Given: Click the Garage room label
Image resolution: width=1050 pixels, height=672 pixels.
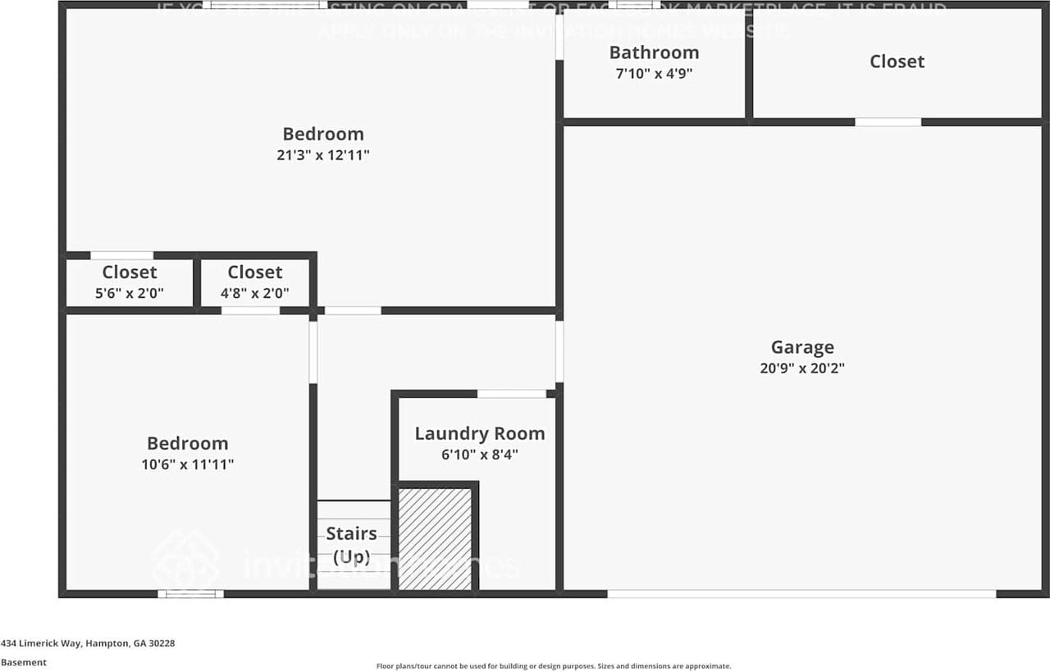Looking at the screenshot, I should [801, 347].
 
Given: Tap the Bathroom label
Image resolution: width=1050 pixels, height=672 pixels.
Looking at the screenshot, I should [654, 53].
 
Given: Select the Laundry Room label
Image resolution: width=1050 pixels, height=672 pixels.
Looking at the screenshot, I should [479, 433].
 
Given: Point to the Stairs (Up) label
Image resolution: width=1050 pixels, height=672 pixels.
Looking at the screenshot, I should [352, 544].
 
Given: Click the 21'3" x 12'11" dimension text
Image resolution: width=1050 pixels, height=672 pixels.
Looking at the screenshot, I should [323, 154].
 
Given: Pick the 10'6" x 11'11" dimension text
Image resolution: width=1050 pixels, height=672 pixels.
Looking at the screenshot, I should [188, 464].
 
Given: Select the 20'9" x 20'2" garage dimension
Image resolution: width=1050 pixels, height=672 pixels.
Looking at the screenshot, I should [801, 368].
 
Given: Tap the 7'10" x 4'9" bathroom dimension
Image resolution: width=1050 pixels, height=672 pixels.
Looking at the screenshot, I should [654, 73].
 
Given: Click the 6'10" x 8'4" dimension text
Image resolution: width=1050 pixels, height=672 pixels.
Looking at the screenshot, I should [479, 454].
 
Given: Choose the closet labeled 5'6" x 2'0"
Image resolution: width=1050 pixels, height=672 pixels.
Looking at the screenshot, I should [130, 282].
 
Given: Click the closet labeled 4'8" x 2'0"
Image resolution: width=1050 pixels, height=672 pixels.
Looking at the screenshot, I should [255, 282].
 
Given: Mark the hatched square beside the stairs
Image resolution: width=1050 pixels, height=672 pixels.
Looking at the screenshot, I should [435, 538].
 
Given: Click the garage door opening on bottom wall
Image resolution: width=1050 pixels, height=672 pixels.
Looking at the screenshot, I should [801, 593].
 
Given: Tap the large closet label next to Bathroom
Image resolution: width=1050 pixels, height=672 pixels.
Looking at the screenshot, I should [897, 62].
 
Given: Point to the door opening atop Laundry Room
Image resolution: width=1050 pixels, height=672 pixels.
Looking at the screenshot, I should [512, 394].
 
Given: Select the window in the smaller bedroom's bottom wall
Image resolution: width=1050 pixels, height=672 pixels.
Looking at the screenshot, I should [190, 593].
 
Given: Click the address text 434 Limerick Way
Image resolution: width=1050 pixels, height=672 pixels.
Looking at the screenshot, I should [88, 643].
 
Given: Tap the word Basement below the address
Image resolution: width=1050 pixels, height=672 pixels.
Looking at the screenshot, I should [24, 662].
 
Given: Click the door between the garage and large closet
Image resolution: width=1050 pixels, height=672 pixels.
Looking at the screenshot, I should [888, 122].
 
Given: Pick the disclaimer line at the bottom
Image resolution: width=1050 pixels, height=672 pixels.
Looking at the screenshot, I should [554, 666].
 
